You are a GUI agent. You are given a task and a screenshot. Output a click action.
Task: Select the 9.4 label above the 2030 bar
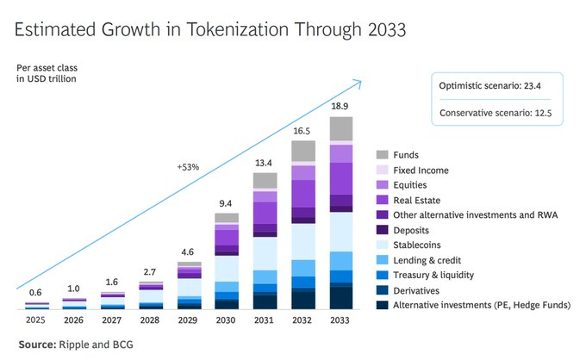[x=226, y=203]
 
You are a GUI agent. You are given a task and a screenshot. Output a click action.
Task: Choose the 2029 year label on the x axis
[x=187, y=320]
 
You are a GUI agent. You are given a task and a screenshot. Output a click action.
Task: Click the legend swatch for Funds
[x=382, y=154]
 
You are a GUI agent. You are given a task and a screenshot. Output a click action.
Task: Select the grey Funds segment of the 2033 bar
[x=341, y=128]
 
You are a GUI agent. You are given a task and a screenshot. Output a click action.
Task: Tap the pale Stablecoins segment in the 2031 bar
[x=265, y=253]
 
